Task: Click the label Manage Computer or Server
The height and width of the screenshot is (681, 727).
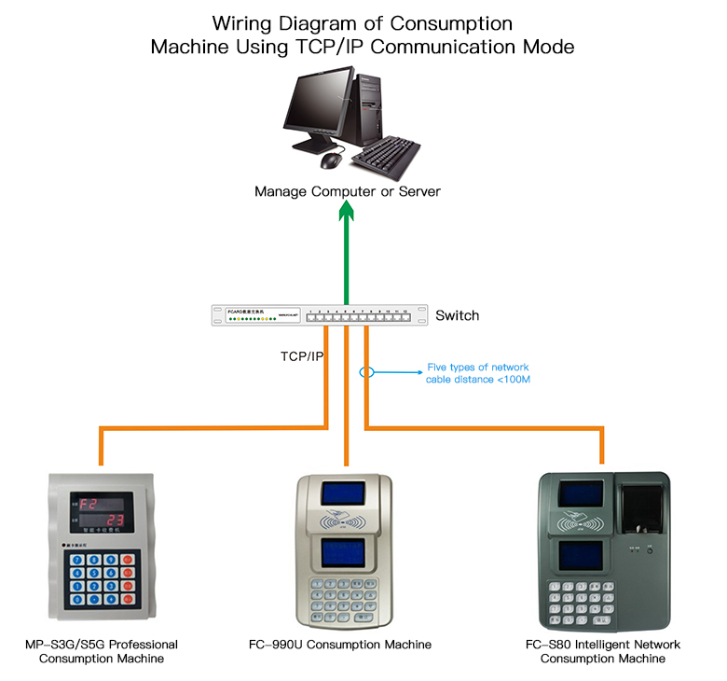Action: (348, 191)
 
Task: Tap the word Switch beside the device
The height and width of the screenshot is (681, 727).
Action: (457, 315)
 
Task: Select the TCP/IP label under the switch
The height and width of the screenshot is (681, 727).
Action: (301, 356)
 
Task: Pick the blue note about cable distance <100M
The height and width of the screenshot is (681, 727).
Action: (478, 373)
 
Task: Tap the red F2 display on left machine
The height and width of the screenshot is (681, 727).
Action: (89, 505)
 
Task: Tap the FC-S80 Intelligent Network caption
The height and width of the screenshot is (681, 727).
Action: (602, 645)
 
